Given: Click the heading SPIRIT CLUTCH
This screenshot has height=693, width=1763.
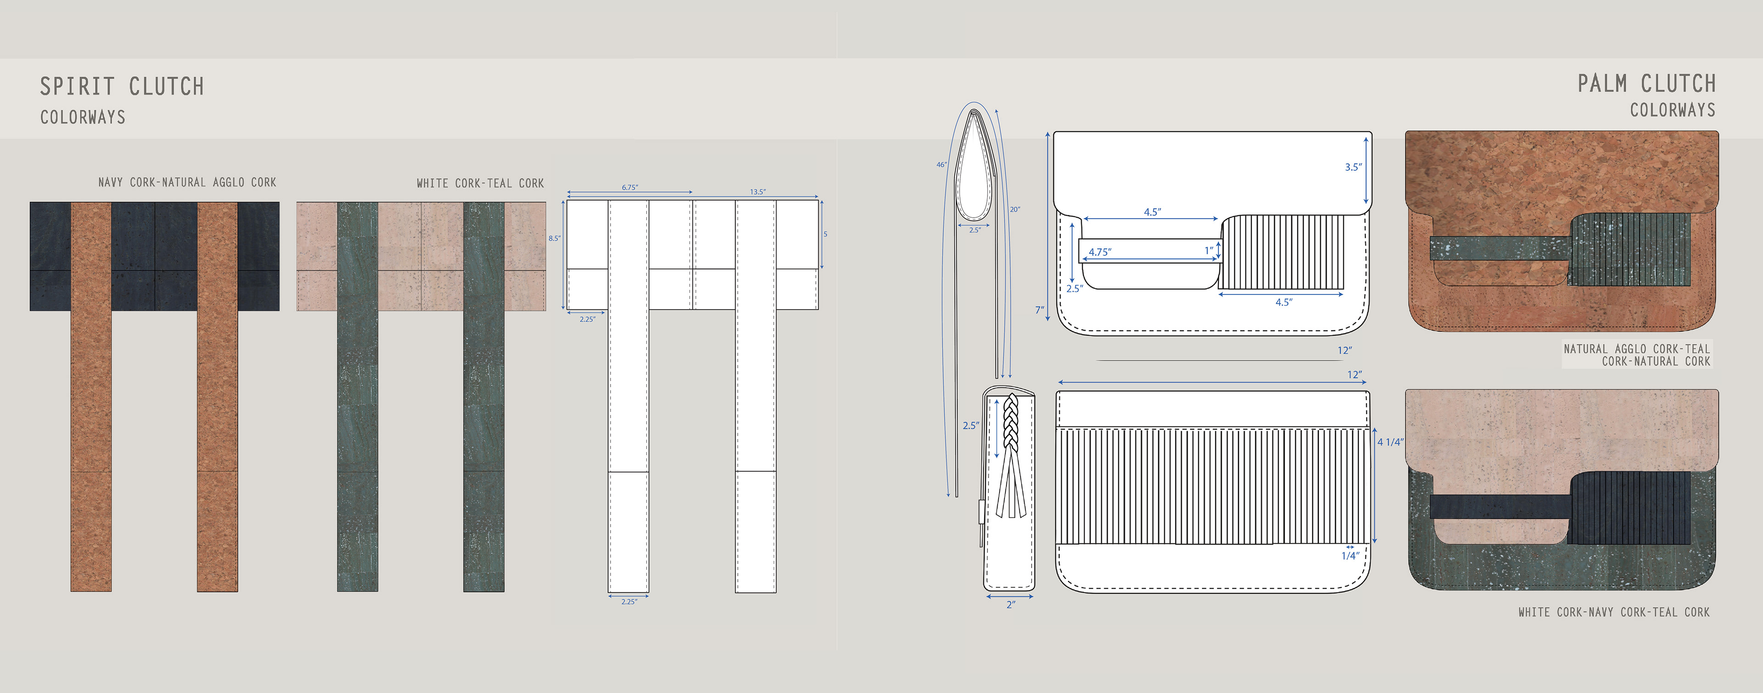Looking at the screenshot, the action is click(x=122, y=86).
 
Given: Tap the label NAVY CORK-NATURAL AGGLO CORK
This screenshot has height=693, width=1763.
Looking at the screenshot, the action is click(x=187, y=182).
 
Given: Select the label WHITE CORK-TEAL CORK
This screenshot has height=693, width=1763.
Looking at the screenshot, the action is click(x=480, y=183).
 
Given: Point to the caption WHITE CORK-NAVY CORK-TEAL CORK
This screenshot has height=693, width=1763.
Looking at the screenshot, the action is click(x=1614, y=612).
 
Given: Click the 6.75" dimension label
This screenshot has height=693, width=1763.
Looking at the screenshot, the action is click(x=629, y=187).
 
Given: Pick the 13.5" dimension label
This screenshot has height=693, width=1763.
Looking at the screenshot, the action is click(x=758, y=192).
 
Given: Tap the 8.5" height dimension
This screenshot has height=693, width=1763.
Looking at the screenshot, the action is click(x=554, y=238).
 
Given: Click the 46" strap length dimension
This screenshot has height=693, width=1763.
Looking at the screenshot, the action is click(x=942, y=164).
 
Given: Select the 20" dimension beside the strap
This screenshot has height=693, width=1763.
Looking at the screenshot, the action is click(x=1015, y=209).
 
